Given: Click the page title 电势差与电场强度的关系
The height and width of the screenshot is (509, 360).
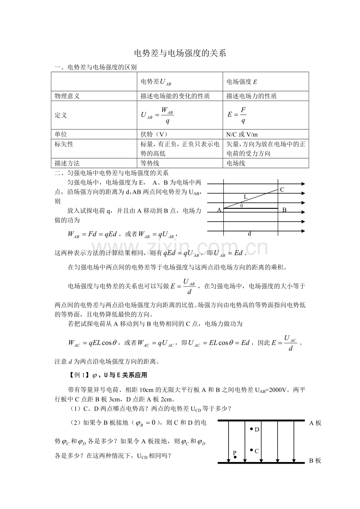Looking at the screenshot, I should [180, 54].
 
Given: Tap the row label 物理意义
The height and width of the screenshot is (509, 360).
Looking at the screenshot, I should [67, 96].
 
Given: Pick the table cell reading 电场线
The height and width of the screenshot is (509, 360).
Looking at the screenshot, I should [236, 163].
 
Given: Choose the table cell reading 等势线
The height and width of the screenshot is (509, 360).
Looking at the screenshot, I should [150, 163].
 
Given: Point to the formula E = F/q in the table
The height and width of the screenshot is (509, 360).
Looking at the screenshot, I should [237, 115].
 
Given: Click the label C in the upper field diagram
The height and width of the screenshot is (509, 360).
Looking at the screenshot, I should [282, 190].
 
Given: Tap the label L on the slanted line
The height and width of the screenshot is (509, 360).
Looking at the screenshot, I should [246, 197].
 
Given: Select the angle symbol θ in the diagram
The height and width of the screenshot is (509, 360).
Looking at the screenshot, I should [241, 206].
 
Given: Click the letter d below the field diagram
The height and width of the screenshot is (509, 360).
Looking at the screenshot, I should [250, 234].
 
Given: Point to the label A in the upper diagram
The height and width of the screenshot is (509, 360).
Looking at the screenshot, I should [219, 210].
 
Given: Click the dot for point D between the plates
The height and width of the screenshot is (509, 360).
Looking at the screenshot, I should [252, 429].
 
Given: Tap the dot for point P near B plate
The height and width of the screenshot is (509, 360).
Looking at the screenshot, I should [235, 457].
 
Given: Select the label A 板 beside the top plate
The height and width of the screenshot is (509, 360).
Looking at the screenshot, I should [315, 423].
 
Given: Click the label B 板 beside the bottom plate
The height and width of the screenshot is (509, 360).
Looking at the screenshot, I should [315, 461].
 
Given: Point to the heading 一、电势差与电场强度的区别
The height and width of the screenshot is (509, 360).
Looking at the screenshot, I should [95, 67].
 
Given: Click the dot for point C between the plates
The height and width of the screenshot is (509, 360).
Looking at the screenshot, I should [251, 450].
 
